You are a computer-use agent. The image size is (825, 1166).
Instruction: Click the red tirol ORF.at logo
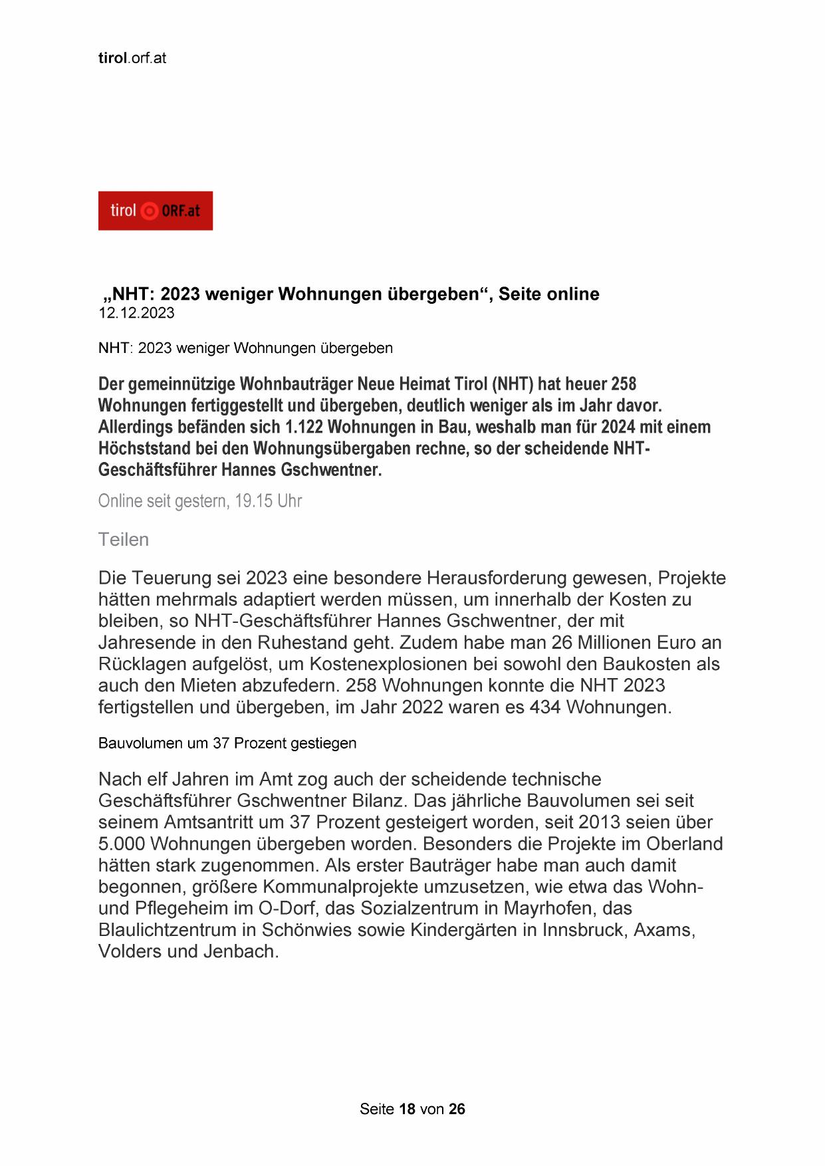coord(155,211)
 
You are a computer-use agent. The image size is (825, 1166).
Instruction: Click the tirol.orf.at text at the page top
coord(132,58)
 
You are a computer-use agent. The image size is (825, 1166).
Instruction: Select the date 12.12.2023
coord(136,313)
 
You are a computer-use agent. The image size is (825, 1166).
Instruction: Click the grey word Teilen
coord(123,539)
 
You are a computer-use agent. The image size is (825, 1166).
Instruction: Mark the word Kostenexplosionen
coord(399,663)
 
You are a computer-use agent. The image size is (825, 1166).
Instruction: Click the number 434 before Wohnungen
coord(545,707)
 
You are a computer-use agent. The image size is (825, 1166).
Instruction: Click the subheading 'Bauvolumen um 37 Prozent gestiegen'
coord(227,743)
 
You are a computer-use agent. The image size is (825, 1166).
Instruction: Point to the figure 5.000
coord(122,844)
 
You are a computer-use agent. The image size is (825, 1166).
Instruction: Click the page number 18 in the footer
coord(407,1109)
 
